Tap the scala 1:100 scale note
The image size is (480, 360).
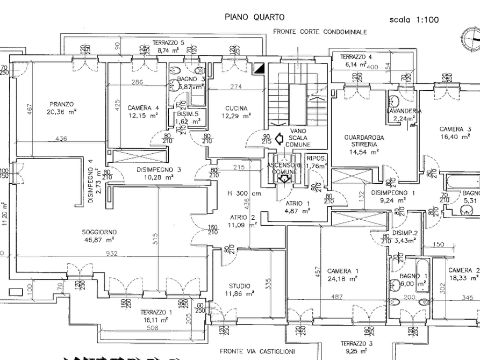[414, 20]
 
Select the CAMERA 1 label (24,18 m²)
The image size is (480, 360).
[341, 271]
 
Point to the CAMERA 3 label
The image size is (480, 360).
[455, 129]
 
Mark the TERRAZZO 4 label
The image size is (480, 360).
[357, 57]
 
